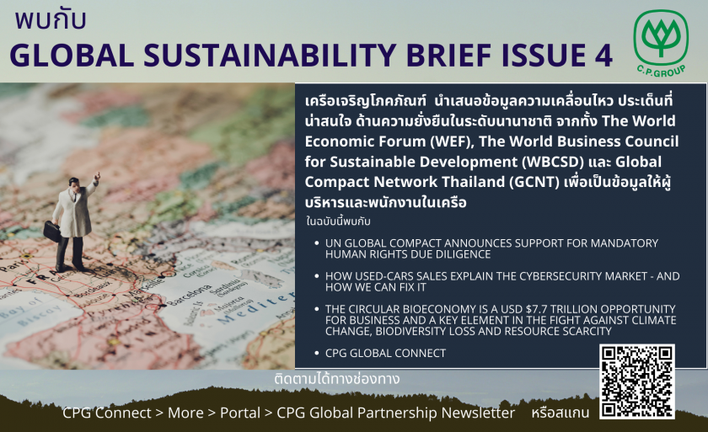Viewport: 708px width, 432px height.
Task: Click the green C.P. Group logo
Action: point(661,44)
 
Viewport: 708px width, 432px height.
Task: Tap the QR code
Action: point(637,381)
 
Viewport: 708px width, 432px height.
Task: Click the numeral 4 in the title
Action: point(603,56)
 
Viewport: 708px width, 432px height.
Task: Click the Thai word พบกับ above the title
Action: point(50,20)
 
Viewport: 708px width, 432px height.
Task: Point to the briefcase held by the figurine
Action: point(52,230)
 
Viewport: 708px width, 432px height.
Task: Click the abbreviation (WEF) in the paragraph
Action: point(451,141)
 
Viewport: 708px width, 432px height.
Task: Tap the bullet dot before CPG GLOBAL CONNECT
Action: point(317,353)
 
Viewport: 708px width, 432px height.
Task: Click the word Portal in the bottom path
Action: point(239,413)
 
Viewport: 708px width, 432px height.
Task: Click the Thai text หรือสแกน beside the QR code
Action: point(560,412)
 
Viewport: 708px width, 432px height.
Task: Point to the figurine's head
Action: point(74,183)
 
